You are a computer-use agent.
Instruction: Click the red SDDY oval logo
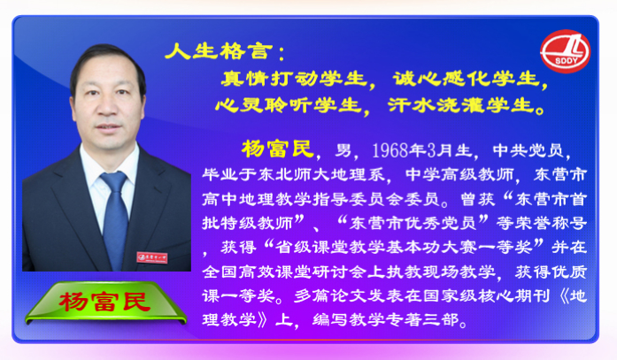point(565,51)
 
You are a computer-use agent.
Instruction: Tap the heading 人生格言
point(219,51)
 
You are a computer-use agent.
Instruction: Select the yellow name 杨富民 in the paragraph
point(277,149)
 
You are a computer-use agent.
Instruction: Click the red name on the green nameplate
point(104,302)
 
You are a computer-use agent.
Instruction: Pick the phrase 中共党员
point(528,150)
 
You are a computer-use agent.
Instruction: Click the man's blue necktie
point(115,219)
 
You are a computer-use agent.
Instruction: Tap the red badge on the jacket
point(152,257)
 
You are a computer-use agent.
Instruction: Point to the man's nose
point(106,106)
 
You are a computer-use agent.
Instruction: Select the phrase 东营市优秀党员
point(413,223)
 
